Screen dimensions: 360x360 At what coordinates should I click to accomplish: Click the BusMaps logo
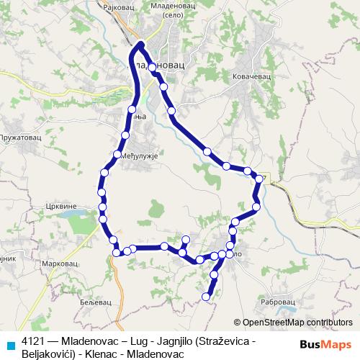(326, 345)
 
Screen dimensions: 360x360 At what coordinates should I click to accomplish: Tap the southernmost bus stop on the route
(207, 296)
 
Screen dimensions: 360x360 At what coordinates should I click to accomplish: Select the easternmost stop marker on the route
(258, 177)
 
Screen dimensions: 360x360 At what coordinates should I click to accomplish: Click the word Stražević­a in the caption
(231, 339)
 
